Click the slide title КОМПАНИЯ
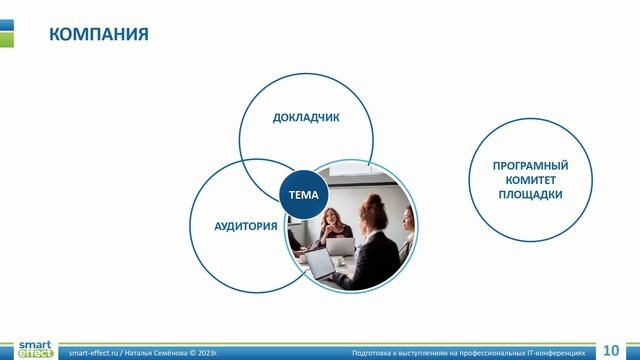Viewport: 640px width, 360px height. pyautogui.click(x=99, y=35)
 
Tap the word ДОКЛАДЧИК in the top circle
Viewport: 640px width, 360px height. pyautogui.click(x=306, y=117)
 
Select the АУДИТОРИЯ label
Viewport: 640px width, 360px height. pyautogui.click(x=246, y=226)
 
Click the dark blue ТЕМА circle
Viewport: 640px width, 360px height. pyautogui.click(x=303, y=195)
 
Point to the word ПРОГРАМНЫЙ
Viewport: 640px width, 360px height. pyautogui.click(x=530, y=165)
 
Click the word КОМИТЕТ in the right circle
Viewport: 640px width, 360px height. pyautogui.click(x=530, y=180)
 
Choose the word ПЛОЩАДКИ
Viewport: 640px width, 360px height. pyautogui.click(x=530, y=195)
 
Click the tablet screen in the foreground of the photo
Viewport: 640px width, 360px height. pyautogui.click(x=319, y=263)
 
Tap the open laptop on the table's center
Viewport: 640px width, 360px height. pyautogui.click(x=341, y=244)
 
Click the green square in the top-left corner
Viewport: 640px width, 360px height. pyautogui.click(x=6, y=39)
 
